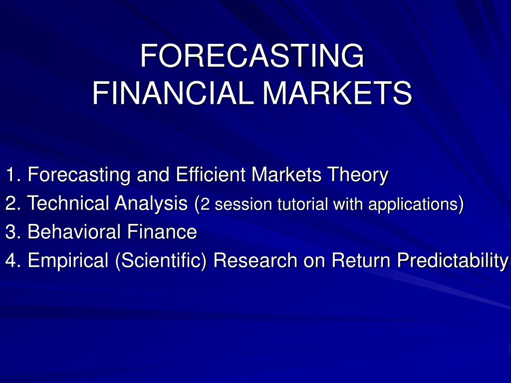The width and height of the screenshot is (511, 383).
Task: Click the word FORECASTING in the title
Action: (x=252, y=55)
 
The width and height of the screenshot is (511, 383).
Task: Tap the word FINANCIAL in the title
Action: (x=173, y=93)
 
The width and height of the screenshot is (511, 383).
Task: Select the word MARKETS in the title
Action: (x=337, y=93)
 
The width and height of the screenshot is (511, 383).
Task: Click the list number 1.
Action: (x=13, y=174)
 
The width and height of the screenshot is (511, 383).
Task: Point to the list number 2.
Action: (x=13, y=203)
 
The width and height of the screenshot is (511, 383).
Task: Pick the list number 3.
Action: (x=13, y=231)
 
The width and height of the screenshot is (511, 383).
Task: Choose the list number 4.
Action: (x=13, y=260)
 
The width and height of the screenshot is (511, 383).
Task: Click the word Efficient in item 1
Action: (x=211, y=174)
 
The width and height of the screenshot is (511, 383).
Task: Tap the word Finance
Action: (x=162, y=231)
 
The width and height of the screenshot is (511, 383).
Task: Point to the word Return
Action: (x=361, y=260)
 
